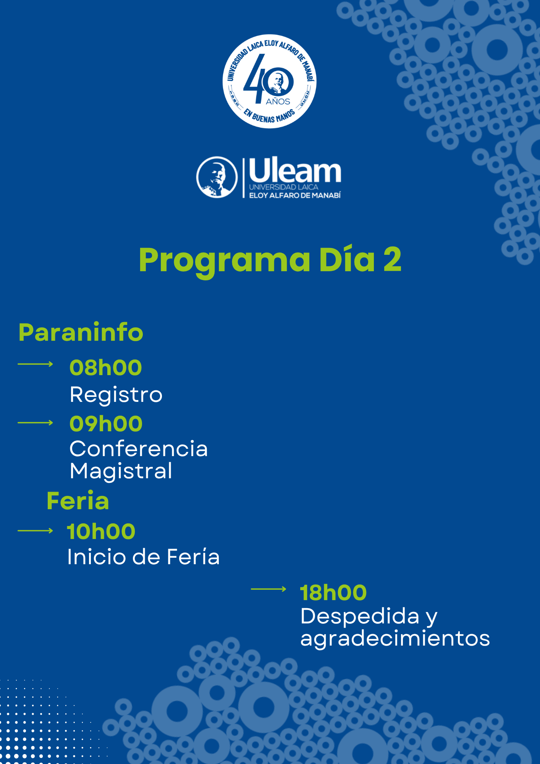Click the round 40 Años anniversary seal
click(270, 81)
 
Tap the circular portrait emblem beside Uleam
click(217, 177)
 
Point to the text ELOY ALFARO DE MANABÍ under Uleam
click(295, 196)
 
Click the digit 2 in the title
click(392, 259)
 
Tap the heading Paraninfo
click(81, 332)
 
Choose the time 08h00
click(106, 367)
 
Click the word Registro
click(116, 395)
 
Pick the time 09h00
click(106, 424)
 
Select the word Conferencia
click(139, 448)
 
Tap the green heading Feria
click(78, 501)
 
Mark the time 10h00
click(101, 531)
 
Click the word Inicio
click(97, 557)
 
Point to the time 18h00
click(333, 592)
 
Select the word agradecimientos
click(395, 639)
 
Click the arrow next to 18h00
click(268, 589)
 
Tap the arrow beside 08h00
click(36, 364)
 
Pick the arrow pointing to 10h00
click(36, 531)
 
